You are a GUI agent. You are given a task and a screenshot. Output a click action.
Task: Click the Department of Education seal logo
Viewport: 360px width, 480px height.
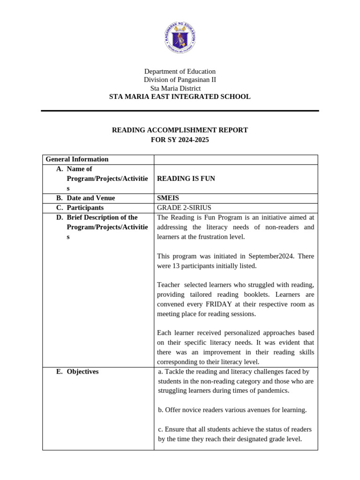click(180, 37)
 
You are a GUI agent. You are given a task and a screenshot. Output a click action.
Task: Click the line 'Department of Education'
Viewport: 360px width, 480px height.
click(180, 71)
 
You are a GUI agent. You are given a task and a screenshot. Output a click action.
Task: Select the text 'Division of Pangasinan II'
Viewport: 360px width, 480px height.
click(180, 80)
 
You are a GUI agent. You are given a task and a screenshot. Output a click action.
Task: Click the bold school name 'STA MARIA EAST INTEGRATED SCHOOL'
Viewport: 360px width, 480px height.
click(180, 97)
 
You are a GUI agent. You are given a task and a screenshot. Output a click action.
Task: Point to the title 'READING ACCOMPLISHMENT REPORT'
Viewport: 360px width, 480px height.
click(180, 130)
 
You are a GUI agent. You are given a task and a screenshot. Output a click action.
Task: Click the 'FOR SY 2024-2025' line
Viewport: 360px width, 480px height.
click(180, 140)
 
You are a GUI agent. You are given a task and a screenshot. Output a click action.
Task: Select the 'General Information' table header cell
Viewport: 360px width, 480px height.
click(77, 159)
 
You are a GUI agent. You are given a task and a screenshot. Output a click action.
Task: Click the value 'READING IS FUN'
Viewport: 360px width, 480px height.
click(186, 179)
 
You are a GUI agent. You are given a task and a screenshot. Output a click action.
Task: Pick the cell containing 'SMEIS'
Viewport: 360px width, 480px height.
click(168, 198)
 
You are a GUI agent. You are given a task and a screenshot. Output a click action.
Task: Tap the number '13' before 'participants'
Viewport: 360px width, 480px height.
click(177, 266)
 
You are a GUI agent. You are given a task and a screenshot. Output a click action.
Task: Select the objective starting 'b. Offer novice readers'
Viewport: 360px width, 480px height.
click(232, 410)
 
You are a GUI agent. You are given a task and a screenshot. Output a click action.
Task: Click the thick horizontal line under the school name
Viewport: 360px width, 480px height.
click(180, 111)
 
